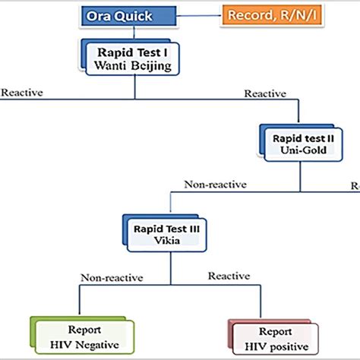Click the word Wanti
(x=112, y=67)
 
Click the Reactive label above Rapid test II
(x=264, y=93)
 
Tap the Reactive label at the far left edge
(x=21, y=93)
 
